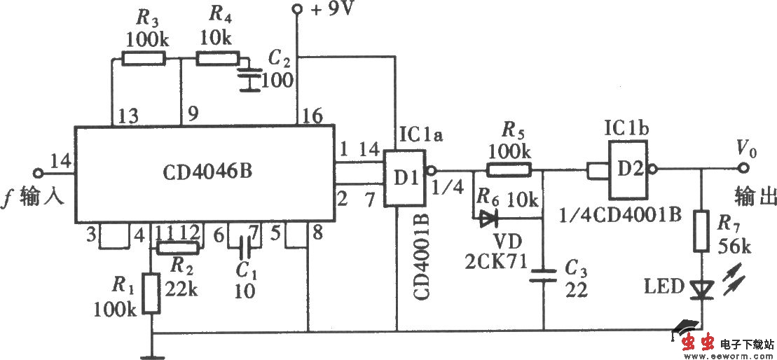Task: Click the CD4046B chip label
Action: click(203, 172)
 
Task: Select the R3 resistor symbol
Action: click(144, 59)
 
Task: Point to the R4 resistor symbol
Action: click(217, 59)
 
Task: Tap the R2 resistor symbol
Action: click(178, 247)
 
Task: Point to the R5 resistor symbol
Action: click(509, 169)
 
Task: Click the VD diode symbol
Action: click(488, 219)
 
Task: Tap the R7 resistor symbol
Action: click(701, 234)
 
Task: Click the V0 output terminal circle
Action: click(743, 169)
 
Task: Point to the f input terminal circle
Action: click(39, 172)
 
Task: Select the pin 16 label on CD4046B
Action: click(310, 116)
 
